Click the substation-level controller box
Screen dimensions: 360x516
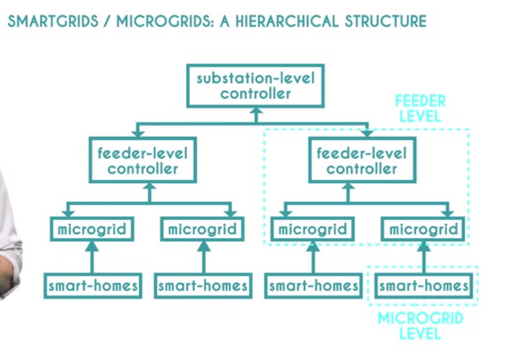(255, 85)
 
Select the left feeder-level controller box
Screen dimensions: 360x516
(143, 160)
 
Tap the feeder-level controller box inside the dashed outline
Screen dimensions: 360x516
(362, 160)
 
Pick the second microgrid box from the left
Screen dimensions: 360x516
(202, 229)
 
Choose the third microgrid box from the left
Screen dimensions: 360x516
(312, 229)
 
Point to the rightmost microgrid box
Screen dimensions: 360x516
(422, 229)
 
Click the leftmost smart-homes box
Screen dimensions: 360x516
(93, 286)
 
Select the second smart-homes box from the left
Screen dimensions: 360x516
(203, 286)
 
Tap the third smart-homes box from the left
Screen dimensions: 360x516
(313, 286)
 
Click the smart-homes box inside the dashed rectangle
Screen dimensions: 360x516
(423, 286)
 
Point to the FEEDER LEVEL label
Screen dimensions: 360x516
(420, 109)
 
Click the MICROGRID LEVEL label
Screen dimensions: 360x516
(420, 326)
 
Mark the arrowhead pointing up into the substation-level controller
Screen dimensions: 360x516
(255, 111)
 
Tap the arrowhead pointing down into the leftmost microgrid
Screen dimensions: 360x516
(68, 213)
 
